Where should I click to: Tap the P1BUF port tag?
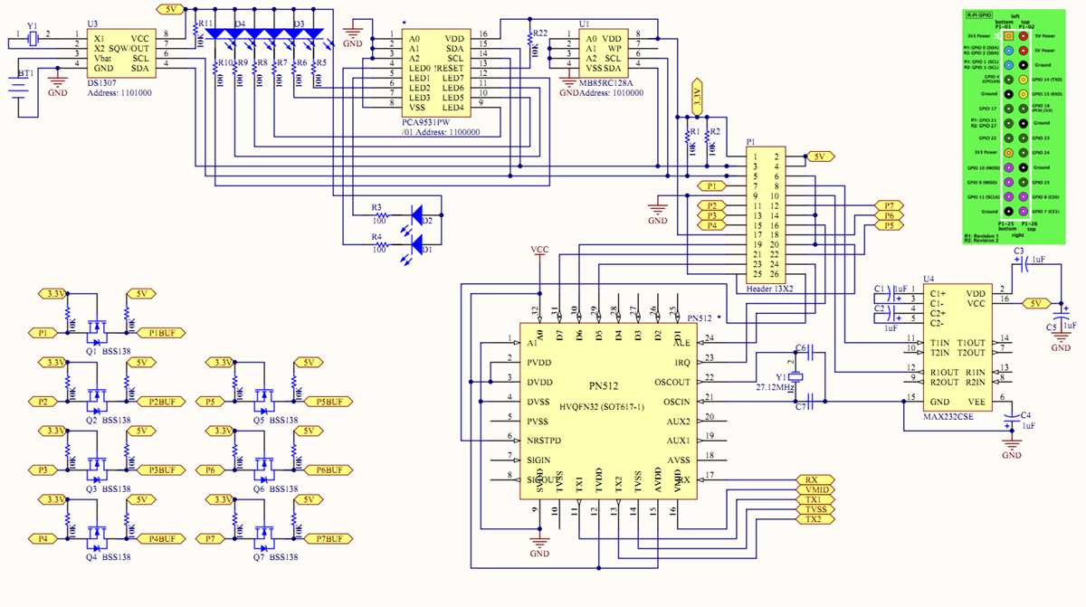point(167,333)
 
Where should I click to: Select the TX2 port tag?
point(813,519)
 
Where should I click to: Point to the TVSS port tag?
point(813,509)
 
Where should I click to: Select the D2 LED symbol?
point(419,216)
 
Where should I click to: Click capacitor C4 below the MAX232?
point(1011,421)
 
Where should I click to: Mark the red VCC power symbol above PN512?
point(539,253)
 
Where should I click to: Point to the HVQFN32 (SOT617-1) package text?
point(602,408)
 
